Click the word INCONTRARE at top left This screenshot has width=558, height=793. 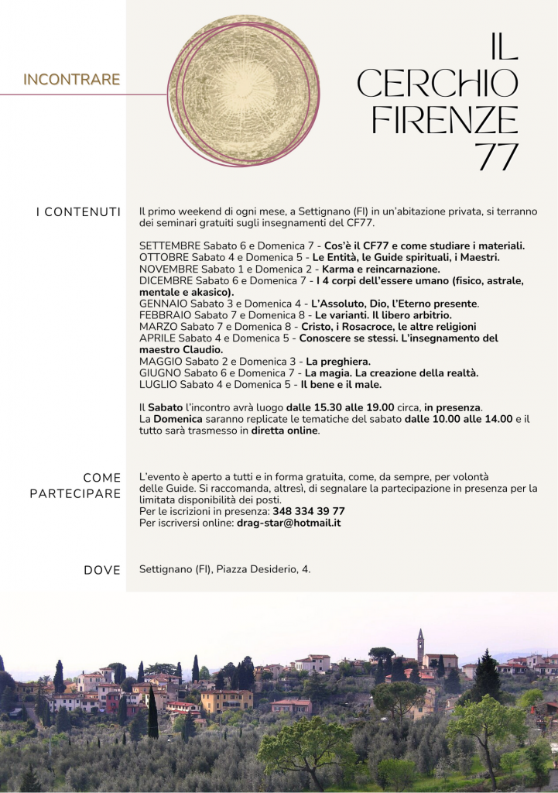point(71,79)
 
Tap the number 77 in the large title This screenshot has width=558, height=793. point(496,156)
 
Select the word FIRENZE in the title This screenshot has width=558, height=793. point(444,119)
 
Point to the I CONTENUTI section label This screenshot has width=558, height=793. point(78,212)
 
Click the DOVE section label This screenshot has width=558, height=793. point(101,570)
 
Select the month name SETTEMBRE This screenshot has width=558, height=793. point(169,245)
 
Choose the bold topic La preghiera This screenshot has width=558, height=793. point(338,361)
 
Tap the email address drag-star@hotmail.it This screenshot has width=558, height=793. point(289,523)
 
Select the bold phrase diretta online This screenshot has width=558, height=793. point(284,431)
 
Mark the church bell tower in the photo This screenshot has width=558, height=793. point(420,644)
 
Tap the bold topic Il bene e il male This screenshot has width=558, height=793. point(341,384)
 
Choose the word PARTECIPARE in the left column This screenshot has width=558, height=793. point(75,493)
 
